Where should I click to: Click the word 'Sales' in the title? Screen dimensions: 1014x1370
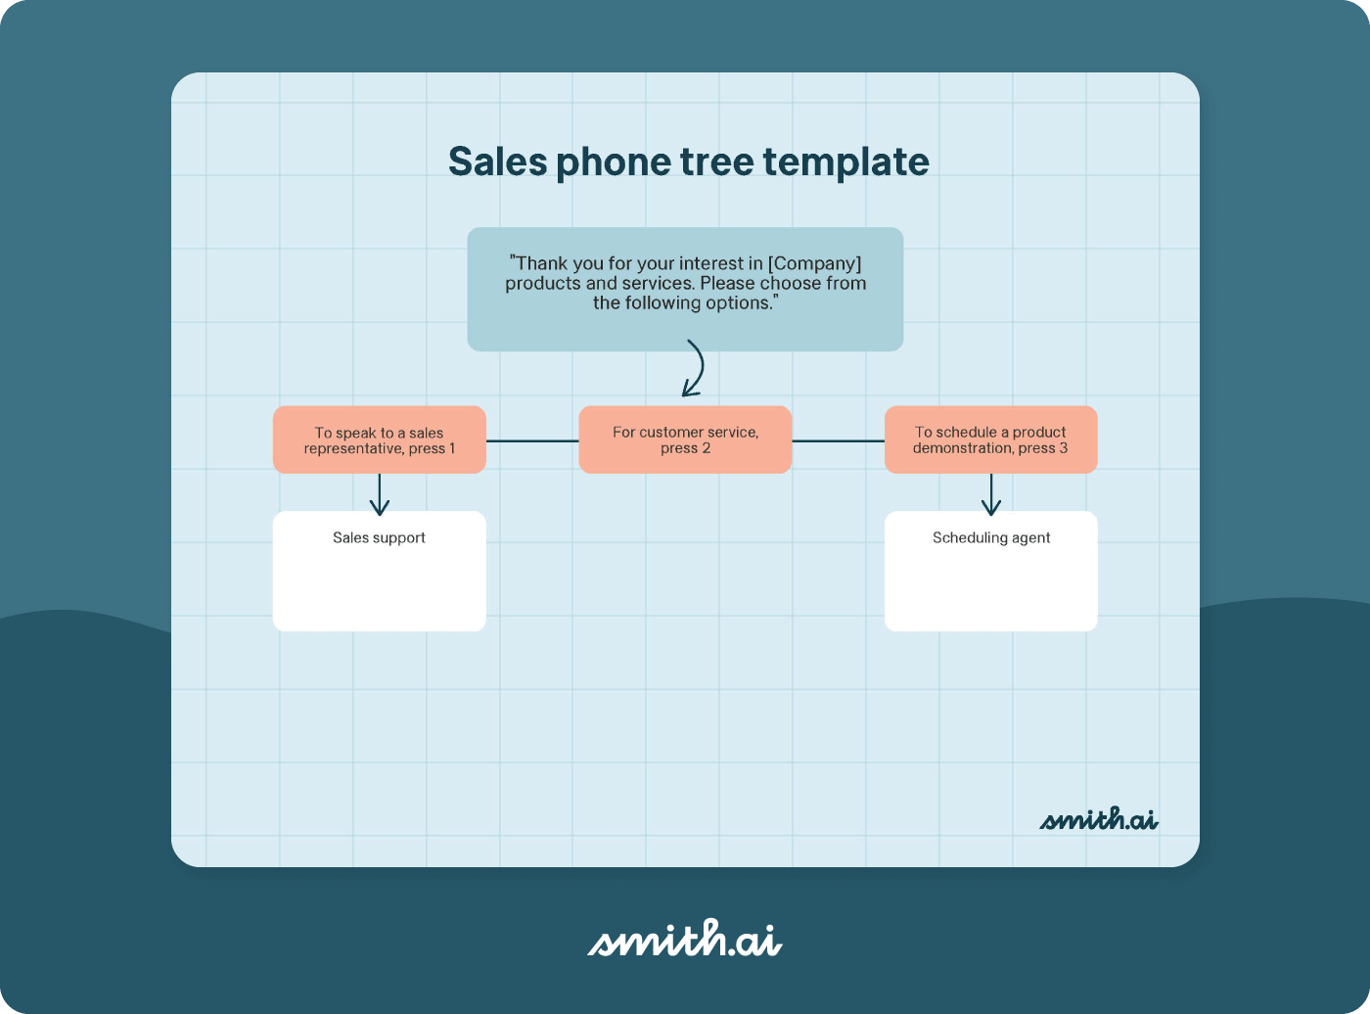pyautogui.click(x=497, y=161)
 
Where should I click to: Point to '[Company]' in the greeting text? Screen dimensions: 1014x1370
pyautogui.click(x=814, y=263)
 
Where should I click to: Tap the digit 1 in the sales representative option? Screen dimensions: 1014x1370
pyautogui.click(x=451, y=449)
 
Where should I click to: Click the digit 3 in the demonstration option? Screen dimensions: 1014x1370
pyautogui.click(x=1064, y=448)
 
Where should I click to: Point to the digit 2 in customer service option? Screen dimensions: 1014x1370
pyautogui.click(x=707, y=448)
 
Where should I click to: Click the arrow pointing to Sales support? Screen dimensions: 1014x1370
pyautogui.click(x=380, y=495)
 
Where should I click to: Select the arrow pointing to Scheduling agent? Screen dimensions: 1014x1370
pyautogui.click(x=991, y=495)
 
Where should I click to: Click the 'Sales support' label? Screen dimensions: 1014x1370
pyautogui.click(x=379, y=537)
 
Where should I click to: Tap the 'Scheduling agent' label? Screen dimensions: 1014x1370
pyautogui.click(x=990, y=537)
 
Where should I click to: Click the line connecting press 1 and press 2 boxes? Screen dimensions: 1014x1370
pyautogui.click(x=532, y=441)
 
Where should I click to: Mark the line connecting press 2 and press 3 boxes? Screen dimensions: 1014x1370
pyautogui.click(x=838, y=441)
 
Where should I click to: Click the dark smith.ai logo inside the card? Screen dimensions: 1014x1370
pyautogui.click(x=1098, y=819)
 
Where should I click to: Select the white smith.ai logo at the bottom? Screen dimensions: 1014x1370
pyautogui.click(x=684, y=939)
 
